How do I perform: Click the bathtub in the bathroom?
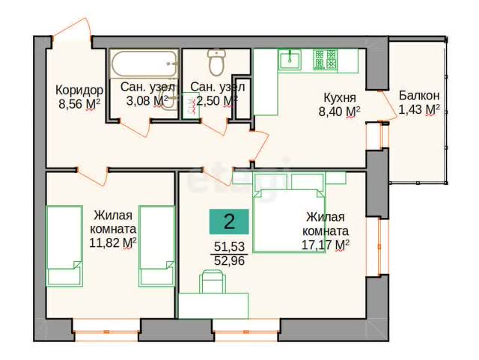pos(144,64)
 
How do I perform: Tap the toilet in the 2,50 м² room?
pos(216,63)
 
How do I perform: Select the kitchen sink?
pos(290,60)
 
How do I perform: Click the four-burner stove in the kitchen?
pos(325,59)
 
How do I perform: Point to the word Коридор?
pos(79,91)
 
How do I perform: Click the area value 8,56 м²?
pos(79,104)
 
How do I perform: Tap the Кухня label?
pos(339,98)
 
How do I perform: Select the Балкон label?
pos(419,96)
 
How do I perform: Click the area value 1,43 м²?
pos(419,109)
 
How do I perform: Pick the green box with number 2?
pos(229,222)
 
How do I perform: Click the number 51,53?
pos(230,246)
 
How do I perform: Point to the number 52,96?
pos(230,260)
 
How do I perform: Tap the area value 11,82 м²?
pos(113,243)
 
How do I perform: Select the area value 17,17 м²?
pos(326,245)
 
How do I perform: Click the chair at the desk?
pos(213,281)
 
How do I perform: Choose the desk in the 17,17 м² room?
pos(213,305)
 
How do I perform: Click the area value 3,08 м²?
pos(147,100)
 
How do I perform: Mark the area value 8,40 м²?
pos(339,112)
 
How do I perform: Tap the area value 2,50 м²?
pos(217,100)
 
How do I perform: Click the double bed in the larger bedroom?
pos(289,220)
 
